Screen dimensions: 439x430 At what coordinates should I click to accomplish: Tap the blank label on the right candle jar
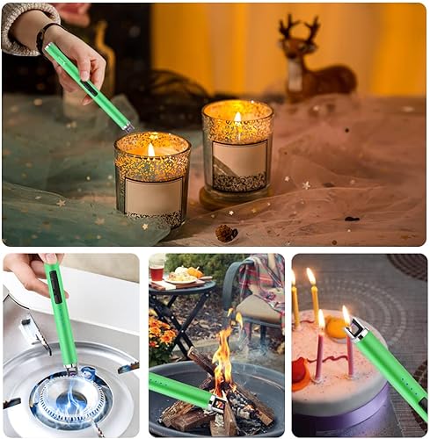(239, 159)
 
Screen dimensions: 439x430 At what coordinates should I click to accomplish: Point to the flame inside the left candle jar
(151, 149)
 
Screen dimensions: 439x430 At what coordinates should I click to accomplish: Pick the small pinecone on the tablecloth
(227, 233)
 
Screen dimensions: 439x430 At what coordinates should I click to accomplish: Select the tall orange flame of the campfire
(223, 360)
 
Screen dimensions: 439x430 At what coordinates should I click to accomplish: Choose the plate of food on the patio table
(186, 278)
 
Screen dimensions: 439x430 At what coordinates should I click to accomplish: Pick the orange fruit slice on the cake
(336, 327)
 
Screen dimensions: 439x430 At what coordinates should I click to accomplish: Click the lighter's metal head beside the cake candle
(357, 328)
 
